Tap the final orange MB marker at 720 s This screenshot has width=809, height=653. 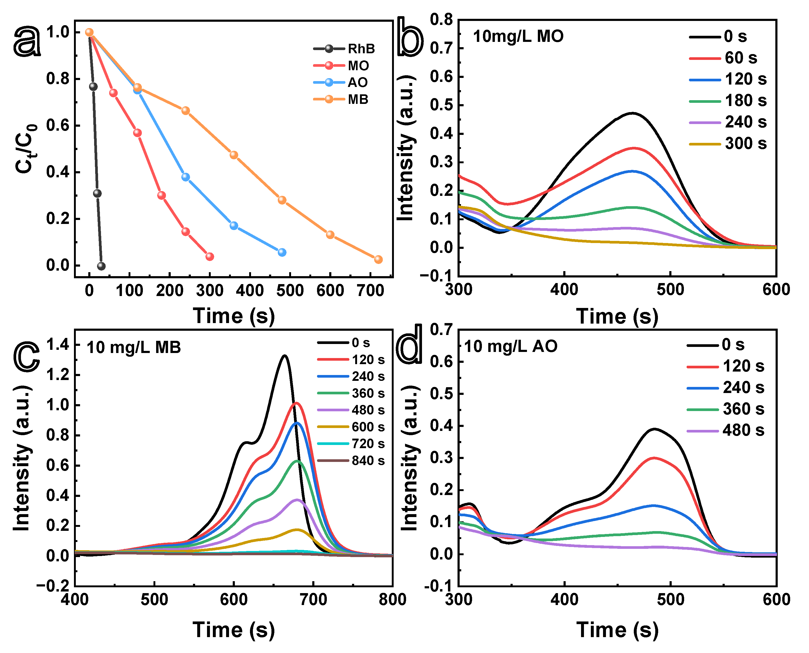tap(379, 259)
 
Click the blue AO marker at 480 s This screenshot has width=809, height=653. tap(282, 252)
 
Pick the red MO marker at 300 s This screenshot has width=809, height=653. tap(210, 257)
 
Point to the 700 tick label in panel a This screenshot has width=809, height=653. tap(370, 291)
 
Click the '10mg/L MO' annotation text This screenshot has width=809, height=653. tap(518, 37)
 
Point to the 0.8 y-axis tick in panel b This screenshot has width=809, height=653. tap(442, 20)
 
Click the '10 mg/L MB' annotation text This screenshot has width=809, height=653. tap(134, 347)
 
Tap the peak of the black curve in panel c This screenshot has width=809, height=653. tap(285, 355)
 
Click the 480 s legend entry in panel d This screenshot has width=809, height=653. tap(726, 430)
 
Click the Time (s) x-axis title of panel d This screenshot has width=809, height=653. tap(617, 630)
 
